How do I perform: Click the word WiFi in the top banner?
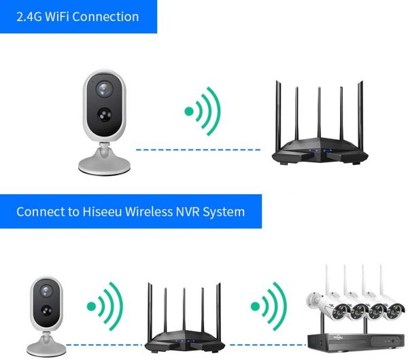[57, 17]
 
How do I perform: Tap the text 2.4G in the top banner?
[29, 17]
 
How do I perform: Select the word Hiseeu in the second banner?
[102, 211]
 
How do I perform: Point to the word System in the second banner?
[224, 213]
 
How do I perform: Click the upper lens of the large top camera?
[105, 89]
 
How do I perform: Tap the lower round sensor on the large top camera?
[105, 115]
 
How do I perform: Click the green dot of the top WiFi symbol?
[189, 111]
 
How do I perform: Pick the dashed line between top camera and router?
[198, 149]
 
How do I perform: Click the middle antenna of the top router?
[319, 113]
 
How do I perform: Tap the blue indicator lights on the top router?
[320, 150]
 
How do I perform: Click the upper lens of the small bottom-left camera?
[46, 291]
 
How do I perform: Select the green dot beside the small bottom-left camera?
[91, 306]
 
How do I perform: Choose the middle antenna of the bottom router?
[184, 309]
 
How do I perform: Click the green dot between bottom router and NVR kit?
[255, 306]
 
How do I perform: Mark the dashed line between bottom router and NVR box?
[268, 345]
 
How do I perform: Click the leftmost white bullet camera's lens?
[339, 311]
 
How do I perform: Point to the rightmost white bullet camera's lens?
[393, 312]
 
